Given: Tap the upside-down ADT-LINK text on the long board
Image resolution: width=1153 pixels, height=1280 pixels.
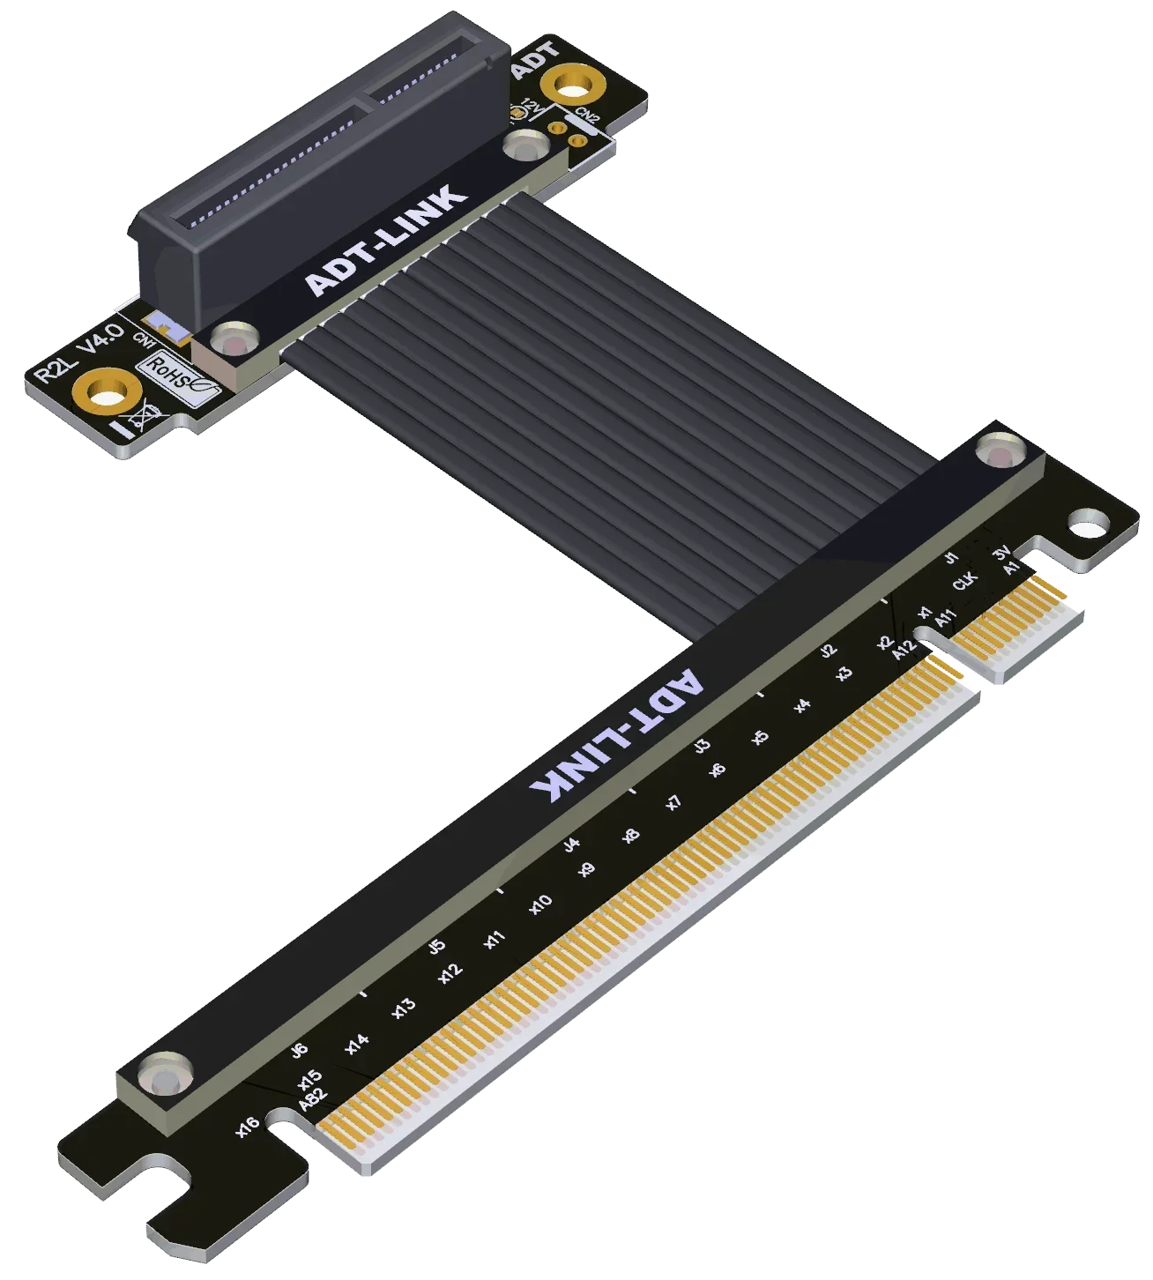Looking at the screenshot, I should point(616,738).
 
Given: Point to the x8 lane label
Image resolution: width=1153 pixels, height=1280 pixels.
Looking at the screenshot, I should point(631,835).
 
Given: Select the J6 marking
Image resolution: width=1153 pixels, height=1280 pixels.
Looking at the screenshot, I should point(300,1050).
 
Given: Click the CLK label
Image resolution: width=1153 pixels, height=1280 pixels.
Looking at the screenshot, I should point(965,581).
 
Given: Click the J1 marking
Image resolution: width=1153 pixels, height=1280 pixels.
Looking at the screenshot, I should point(950,557).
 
